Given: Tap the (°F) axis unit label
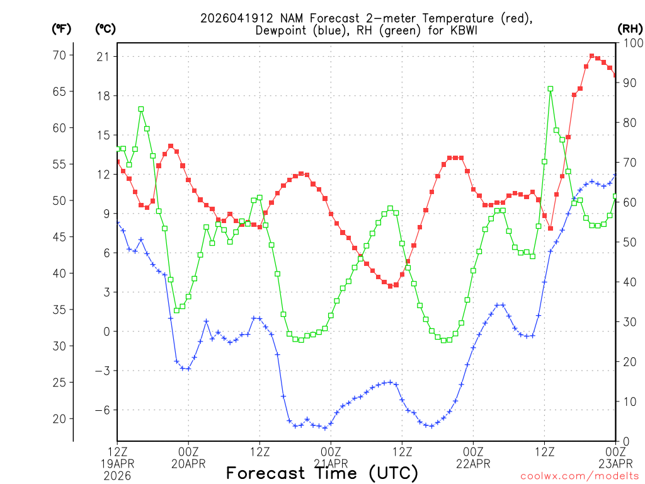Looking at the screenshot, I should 62,29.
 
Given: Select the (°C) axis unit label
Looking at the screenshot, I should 105,29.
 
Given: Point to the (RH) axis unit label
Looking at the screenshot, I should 630,29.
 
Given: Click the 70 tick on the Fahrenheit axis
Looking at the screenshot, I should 59,55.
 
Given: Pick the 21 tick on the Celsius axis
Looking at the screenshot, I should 103,57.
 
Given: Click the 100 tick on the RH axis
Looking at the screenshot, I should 632,43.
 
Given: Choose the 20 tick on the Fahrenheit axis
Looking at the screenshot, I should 59,418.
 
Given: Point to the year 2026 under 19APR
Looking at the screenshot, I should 117,476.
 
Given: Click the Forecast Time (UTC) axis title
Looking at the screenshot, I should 322,473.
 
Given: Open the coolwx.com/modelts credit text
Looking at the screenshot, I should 579,476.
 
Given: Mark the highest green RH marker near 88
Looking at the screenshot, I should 551,89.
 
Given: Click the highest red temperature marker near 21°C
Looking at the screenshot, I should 592,56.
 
